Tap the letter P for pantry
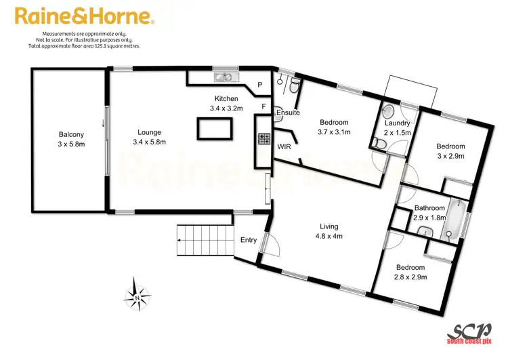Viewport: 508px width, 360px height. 259,85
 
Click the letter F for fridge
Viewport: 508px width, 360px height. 264,107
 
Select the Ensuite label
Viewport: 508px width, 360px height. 288,113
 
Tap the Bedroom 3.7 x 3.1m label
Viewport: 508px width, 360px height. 335,127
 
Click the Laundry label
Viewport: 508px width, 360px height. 398,128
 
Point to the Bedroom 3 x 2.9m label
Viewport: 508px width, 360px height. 450,151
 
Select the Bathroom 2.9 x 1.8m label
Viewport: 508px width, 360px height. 429,213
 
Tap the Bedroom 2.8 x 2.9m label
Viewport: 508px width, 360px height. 411,272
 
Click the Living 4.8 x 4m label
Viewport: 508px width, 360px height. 329,231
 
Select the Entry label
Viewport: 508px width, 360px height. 249,240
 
